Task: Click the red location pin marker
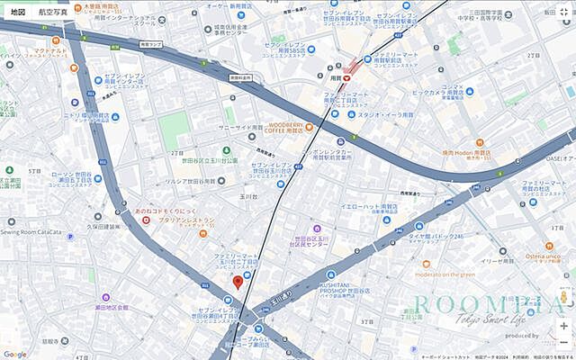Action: (238, 283)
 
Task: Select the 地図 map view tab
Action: (18, 13)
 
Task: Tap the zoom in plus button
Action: (563, 326)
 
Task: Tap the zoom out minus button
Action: (563, 343)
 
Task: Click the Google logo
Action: (15, 354)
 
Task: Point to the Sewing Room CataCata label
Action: (36, 232)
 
